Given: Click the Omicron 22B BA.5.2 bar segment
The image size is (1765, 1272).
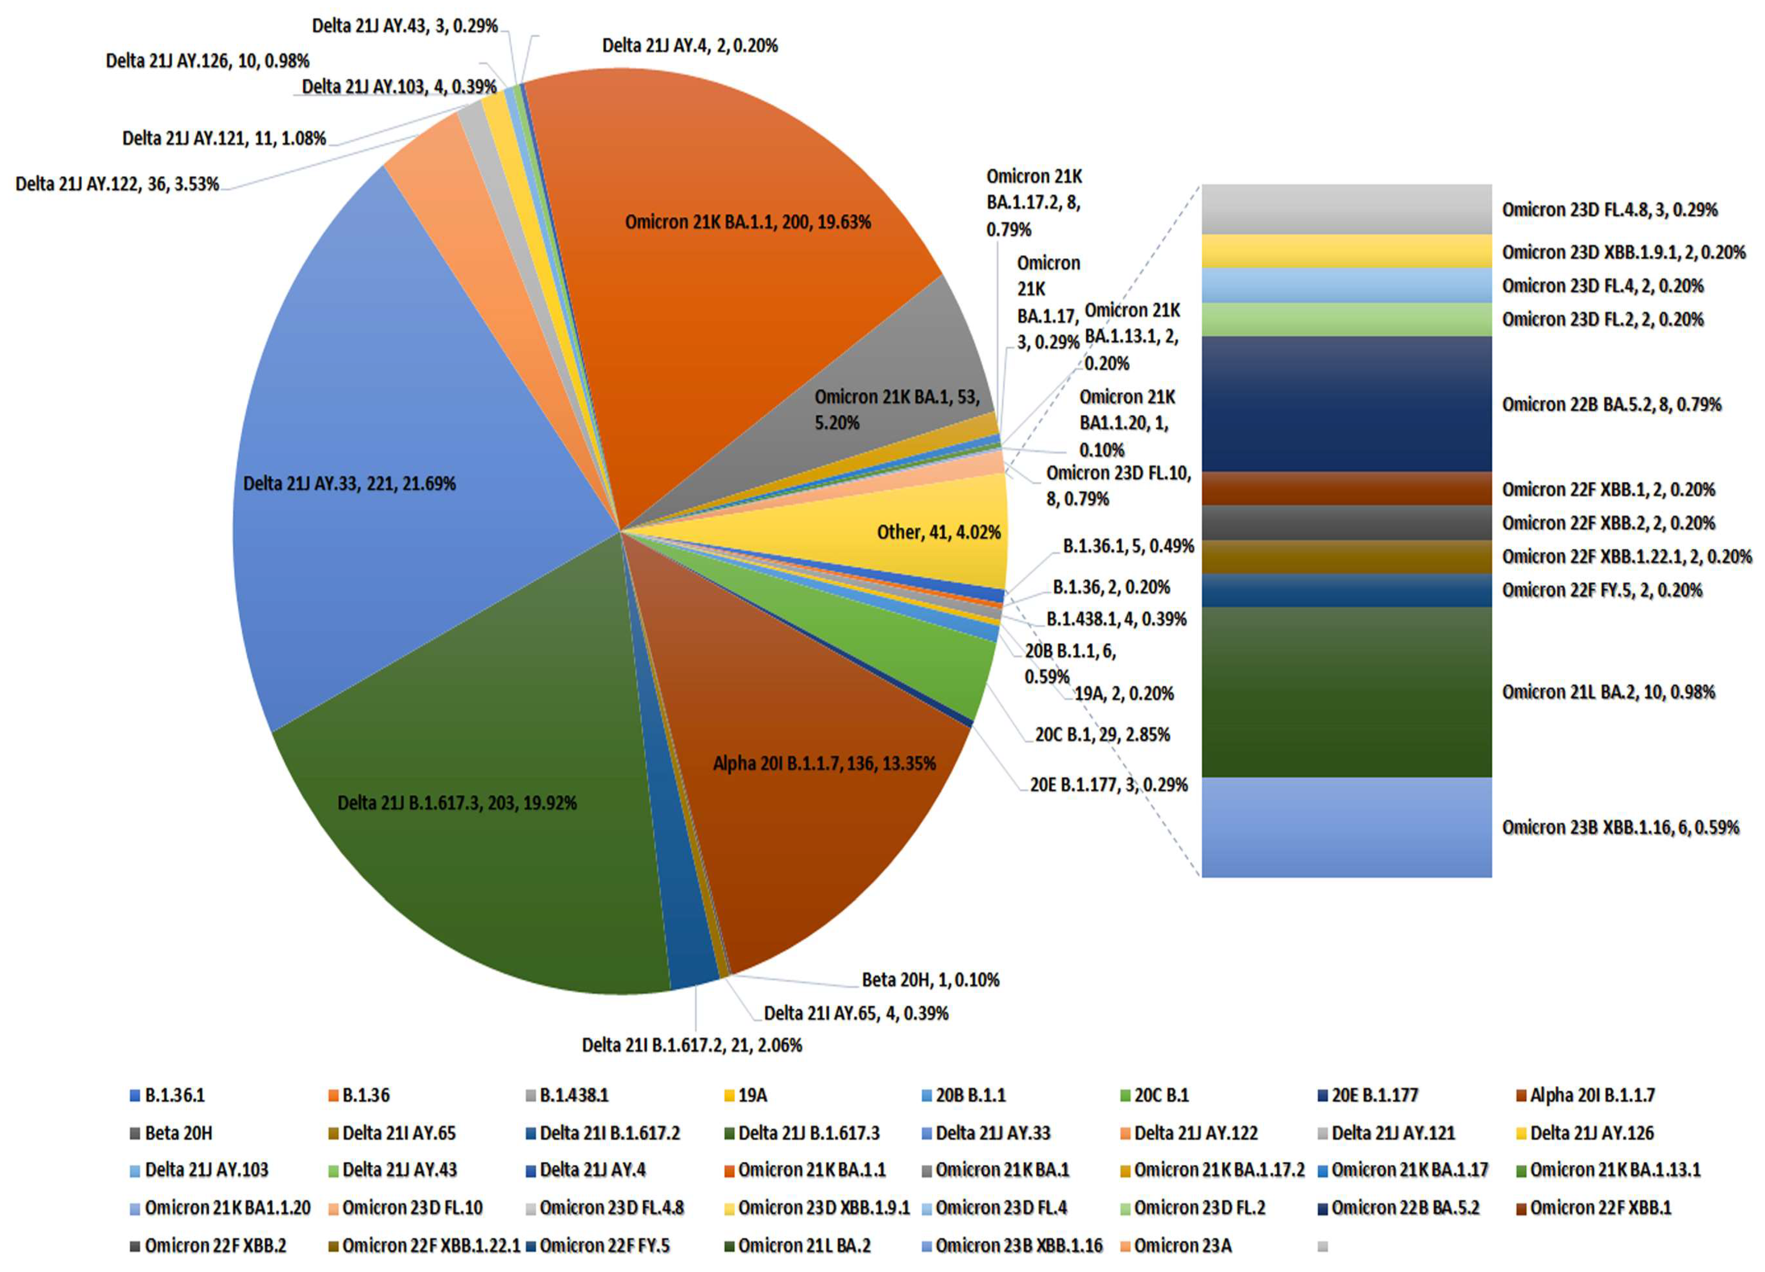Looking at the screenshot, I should point(1346,404).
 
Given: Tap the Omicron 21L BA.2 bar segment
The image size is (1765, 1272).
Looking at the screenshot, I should point(1346,691).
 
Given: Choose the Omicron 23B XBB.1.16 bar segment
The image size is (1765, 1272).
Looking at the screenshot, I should point(1346,827).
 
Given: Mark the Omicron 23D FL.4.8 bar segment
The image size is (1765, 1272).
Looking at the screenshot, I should point(1346,209).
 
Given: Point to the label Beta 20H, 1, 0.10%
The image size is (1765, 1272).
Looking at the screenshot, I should point(930,979).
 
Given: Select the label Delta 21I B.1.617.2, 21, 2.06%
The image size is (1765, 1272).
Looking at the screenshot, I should point(692,1044).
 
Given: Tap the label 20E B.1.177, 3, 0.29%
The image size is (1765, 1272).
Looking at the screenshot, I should point(1108,785).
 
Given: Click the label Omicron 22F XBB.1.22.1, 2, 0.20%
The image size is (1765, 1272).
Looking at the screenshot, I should point(1626,556).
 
